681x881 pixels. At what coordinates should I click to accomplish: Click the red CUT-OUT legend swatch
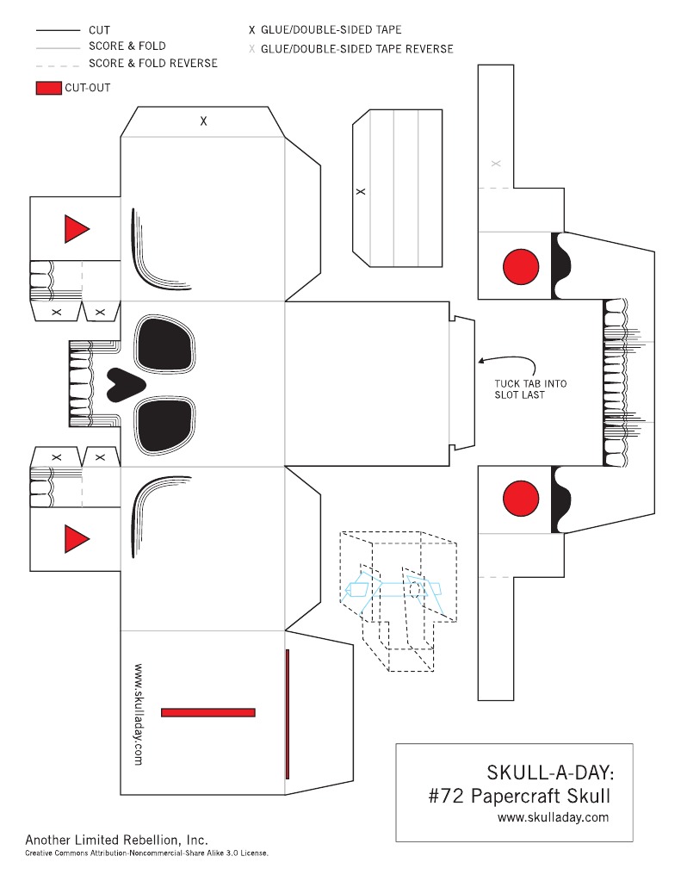tap(49, 88)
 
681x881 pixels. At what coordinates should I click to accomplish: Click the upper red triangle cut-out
tap(75, 229)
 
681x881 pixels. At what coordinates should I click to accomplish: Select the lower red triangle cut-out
tap(75, 539)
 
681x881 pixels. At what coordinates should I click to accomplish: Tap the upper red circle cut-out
tap(521, 267)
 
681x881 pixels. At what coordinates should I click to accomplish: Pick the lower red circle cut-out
tap(521, 499)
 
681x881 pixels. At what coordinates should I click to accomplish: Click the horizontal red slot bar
tap(207, 712)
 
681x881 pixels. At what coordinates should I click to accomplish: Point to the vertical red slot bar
tap(288, 714)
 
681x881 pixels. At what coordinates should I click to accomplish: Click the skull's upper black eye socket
tap(164, 344)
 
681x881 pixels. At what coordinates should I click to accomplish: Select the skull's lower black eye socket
tap(164, 426)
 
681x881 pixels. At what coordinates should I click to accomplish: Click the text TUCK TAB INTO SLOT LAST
tap(530, 388)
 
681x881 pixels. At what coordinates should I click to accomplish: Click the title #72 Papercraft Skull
tap(519, 796)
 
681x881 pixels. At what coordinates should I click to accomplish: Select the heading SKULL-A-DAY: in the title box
tap(550, 772)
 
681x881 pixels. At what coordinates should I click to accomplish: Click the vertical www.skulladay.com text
tap(139, 715)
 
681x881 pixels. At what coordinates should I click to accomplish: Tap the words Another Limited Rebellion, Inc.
tap(116, 840)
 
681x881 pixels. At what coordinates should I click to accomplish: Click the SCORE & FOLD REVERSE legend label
tap(153, 63)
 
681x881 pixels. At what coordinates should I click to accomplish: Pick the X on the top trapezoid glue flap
tap(203, 121)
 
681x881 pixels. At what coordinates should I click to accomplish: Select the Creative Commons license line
tap(146, 853)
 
